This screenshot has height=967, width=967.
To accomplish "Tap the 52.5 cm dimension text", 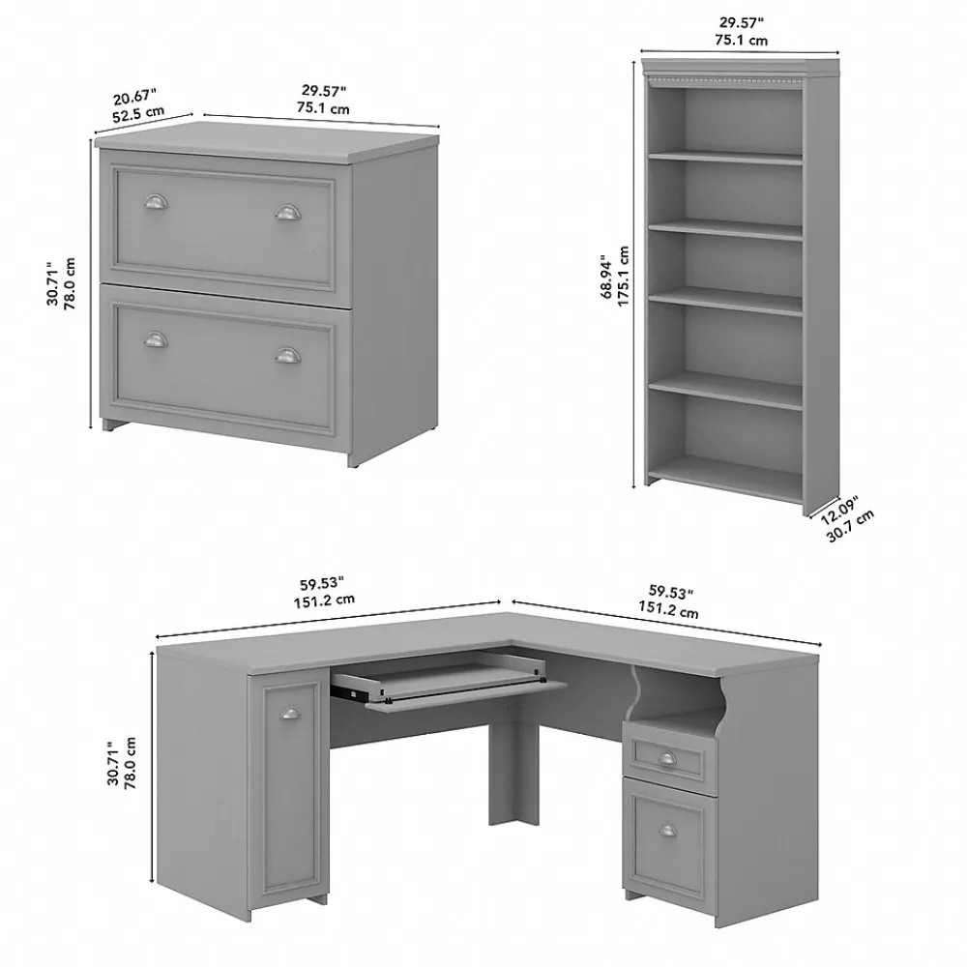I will coord(139,112).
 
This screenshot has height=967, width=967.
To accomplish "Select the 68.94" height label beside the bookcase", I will coord(607,277).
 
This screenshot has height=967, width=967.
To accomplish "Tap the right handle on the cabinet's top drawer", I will coord(287,213).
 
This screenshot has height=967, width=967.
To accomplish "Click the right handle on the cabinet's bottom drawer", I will coord(287,356).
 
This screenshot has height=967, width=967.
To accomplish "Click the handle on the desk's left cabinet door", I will coord(288,714).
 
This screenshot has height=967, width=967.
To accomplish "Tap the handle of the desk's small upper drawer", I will coord(667,757).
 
